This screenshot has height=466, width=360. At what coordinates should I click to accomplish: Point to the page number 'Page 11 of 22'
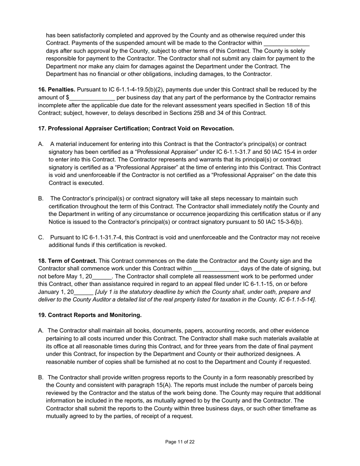180,442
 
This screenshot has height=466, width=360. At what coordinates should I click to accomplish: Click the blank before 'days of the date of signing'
216,269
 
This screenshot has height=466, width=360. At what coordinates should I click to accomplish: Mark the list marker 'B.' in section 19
41,377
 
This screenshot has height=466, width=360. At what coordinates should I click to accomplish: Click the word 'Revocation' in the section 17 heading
218,129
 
